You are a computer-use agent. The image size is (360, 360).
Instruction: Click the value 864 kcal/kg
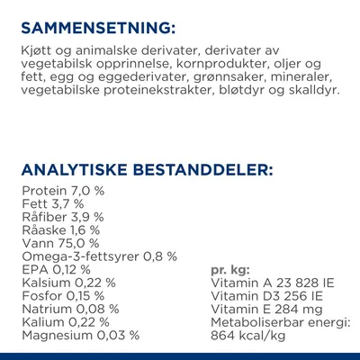[247, 335]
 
